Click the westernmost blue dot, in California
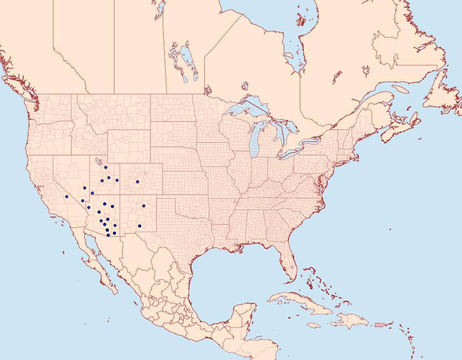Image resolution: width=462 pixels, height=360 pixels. pos(67,197)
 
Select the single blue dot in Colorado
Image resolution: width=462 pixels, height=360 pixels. pos(138,181)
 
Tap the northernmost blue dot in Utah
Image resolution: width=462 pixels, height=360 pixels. pos(105,167)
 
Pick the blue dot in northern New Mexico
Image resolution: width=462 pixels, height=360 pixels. pos(144,206)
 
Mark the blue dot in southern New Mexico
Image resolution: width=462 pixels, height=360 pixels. pos(140,226)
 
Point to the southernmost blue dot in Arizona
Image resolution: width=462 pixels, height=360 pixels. pos(108,235)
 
